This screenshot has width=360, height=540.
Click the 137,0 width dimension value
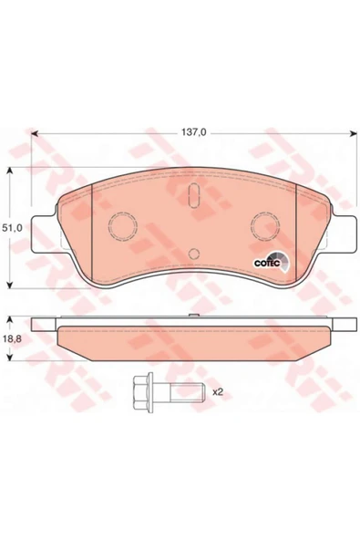pyautogui.click(x=193, y=132)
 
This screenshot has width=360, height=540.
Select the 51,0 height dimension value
pyautogui.click(x=12, y=228)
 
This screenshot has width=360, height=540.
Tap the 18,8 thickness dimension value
pyautogui.click(x=12, y=339)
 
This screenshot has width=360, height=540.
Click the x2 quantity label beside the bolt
pyautogui.click(x=218, y=392)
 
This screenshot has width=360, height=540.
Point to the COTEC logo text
pyautogui.click(x=263, y=263)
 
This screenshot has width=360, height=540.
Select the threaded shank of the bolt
pyautogui.click(x=187, y=392)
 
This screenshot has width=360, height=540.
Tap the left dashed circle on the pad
pyautogui.click(x=123, y=226)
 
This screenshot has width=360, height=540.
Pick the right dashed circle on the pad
pyautogui.click(x=265, y=226)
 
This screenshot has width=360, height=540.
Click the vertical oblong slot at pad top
pyautogui.click(x=194, y=195)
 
